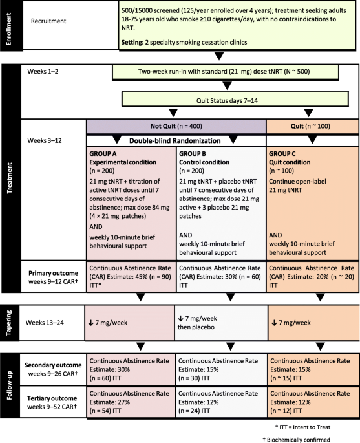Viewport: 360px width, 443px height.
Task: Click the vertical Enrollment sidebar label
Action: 8,28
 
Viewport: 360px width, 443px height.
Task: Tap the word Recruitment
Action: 48,21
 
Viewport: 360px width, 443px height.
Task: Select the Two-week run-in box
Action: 226,72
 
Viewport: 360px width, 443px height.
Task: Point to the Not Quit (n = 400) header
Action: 176,126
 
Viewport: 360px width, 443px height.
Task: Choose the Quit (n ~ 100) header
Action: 313,126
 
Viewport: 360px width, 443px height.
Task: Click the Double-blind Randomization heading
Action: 175,141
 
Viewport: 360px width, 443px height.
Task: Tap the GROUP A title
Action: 103,154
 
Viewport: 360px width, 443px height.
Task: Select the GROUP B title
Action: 193,154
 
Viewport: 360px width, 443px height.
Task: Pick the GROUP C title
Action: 282,154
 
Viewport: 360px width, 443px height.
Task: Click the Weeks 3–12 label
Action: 45,140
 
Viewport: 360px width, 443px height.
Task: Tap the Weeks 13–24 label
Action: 45,323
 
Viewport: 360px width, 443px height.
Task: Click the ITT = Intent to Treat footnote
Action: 302,427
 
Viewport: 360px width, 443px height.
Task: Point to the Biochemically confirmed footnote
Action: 296,440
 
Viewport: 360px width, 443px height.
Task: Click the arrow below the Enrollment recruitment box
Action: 219,56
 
